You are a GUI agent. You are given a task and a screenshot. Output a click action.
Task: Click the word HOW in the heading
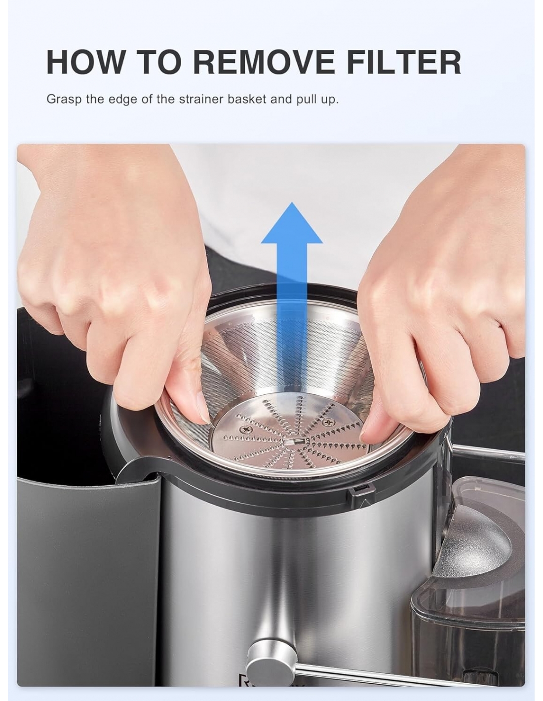(x=85, y=62)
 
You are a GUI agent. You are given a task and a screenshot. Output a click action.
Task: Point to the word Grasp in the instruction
(x=64, y=100)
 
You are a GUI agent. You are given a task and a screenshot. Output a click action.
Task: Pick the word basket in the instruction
(x=247, y=99)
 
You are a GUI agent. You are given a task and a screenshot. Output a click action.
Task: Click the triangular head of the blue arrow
(x=292, y=224)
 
